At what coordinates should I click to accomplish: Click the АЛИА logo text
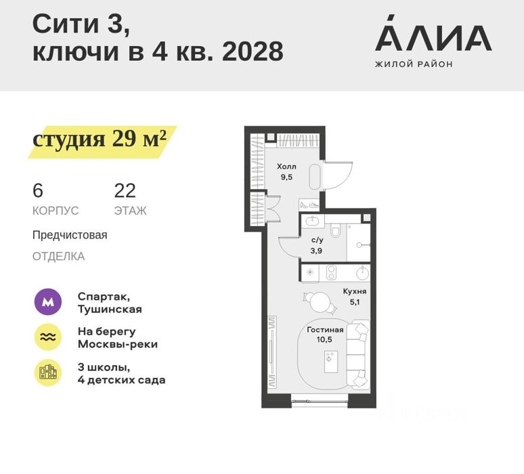[433, 33]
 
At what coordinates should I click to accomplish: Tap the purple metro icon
[48, 302]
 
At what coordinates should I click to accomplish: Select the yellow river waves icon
[48, 337]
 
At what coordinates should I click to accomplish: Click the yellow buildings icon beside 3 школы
[48, 372]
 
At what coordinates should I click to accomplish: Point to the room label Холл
[286, 167]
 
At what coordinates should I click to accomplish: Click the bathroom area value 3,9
[316, 251]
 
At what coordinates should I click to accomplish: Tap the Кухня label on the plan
[355, 291]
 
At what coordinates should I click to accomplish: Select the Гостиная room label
[325, 330]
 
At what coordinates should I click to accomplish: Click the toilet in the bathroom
[335, 230]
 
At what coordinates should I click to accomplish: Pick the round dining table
[320, 302]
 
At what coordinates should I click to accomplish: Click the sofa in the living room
[357, 354]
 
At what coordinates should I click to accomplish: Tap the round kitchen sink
[362, 273]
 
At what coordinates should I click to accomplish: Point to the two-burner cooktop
[331, 273]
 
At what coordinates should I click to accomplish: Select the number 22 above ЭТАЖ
[125, 191]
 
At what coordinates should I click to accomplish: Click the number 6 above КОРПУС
[38, 191]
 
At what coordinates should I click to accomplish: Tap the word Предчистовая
[70, 235]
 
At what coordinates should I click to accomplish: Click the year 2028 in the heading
[253, 51]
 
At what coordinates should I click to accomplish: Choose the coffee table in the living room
[331, 362]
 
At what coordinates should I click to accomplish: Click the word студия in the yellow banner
[69, 139]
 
